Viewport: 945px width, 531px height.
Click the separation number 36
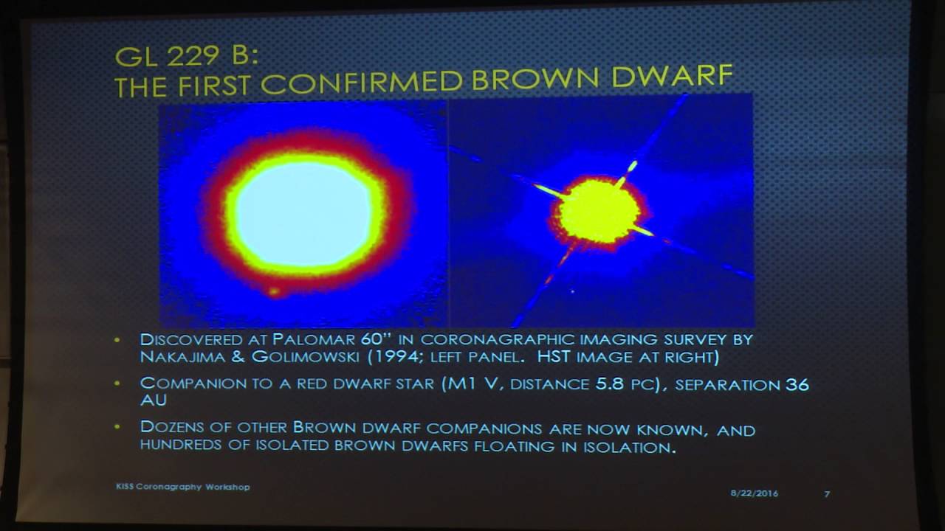[x=797, y=384]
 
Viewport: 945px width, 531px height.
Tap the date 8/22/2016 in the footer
[x=755, y=493]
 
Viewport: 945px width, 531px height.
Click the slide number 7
[x=827, y=493]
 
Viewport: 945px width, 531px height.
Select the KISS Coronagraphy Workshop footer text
[x=182, y=487]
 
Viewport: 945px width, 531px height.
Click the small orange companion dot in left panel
[x=274, y=291]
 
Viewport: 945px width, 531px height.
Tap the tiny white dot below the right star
[x=572, y=291]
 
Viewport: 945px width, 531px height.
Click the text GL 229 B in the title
[x=173, y=55]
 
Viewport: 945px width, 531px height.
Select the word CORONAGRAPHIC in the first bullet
[x=494, y=339]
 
